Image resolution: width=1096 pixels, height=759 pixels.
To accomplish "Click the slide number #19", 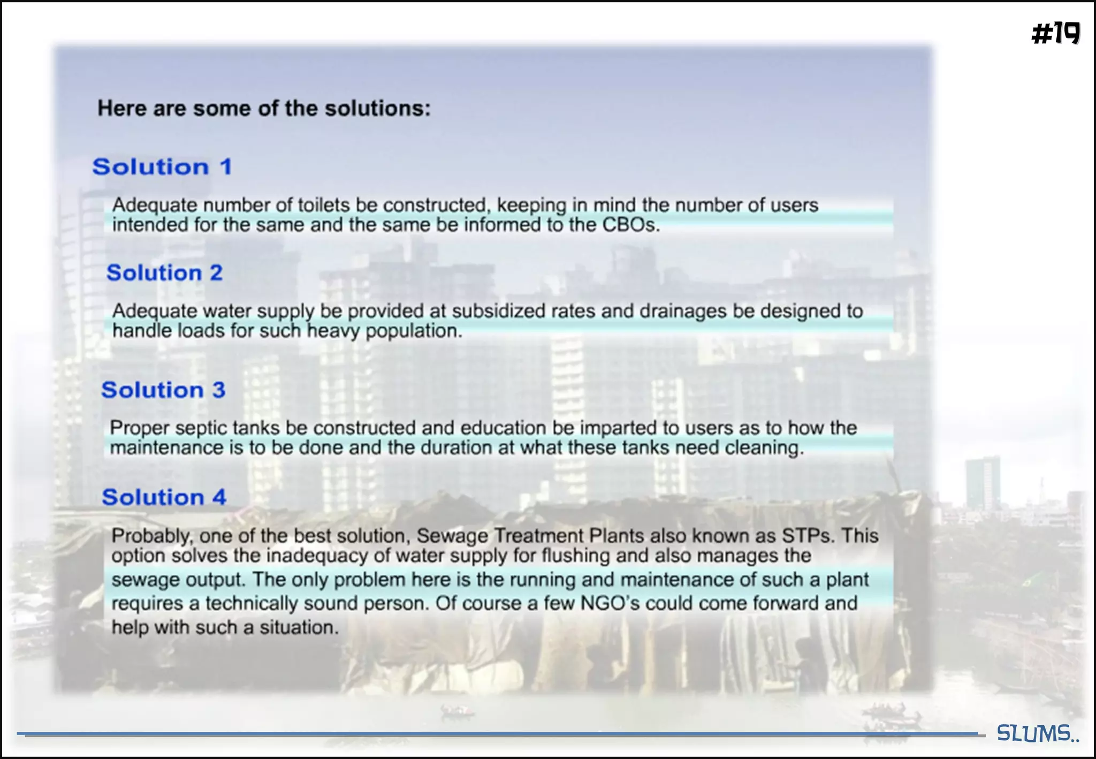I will (1055, 34).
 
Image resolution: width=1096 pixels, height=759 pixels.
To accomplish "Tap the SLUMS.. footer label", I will (1037, 733).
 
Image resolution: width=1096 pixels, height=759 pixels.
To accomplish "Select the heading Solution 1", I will (162, 166).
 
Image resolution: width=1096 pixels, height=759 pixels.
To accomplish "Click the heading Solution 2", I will (164, 273).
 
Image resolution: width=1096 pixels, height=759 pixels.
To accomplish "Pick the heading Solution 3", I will (163, 390).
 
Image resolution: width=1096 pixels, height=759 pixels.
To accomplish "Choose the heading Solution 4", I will (164, 497).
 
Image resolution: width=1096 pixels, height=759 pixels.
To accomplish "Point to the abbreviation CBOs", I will (631, 225).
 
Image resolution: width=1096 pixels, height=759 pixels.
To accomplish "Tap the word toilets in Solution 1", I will (324, 205).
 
